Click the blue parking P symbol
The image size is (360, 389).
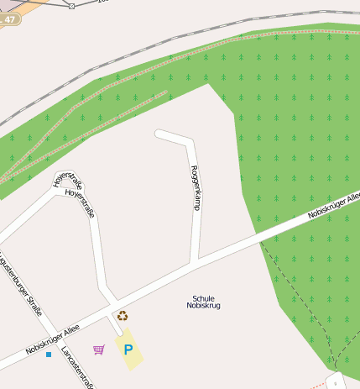point(128,350)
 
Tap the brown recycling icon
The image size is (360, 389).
point(123,316)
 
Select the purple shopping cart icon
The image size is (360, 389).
point(99,349)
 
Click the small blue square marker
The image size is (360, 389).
point(49,355)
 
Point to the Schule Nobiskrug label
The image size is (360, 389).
point(203,302)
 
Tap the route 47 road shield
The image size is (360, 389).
point(9,18)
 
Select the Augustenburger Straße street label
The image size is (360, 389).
point(21,282)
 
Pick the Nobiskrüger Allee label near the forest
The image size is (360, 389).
point(333,206)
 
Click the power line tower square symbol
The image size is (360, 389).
point(71,6)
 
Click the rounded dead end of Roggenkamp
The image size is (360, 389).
point(159,133)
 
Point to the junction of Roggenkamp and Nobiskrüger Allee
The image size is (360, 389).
point(195,264)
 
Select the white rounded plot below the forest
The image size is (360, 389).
point(336,380)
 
